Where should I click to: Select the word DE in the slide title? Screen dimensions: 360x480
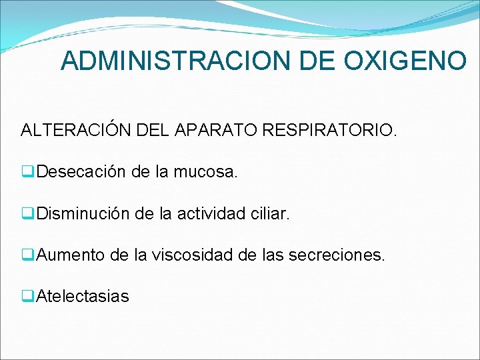pyautogui.click(x=313, y=61)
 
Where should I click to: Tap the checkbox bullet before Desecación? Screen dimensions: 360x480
pyautogui.click(x=29, y=173)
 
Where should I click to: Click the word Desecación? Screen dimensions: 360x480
pyautogui.click(x=81, y=172)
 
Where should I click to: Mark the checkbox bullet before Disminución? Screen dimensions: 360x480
pyautogui.click(x=29, y=214)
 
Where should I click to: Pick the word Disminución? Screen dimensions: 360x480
pyautogui.click(x=83, y=213)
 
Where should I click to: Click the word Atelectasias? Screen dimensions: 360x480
pyautogui.click(x=83, y=296)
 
